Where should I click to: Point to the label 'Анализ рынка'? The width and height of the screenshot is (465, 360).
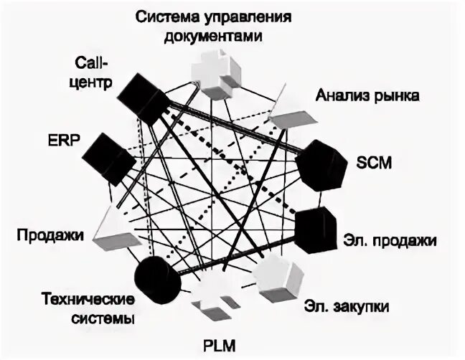(357, 95)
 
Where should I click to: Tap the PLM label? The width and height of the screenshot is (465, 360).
(218, 344)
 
